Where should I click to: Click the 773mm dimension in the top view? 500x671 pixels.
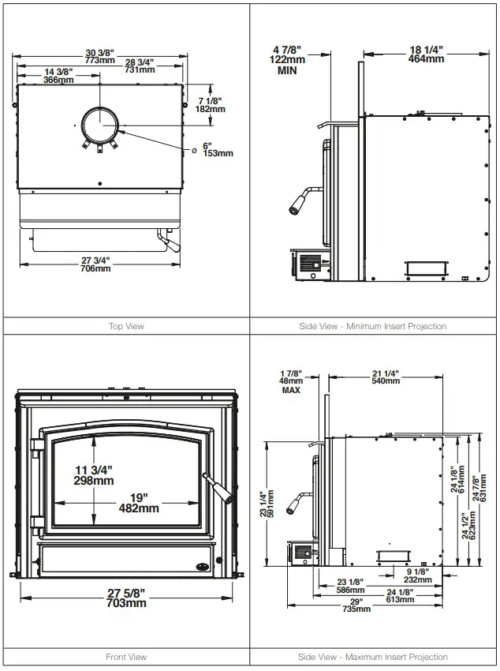coord(100,60)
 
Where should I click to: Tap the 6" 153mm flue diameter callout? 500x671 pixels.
coord(218,150)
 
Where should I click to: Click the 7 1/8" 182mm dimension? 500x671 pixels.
coord(211,105)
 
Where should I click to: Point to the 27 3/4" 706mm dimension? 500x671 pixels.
coord(95,264)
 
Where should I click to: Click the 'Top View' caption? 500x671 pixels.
coord(126,326)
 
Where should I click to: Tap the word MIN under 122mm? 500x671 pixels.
coord(287,70)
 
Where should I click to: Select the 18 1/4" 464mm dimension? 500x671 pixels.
coord(426,54)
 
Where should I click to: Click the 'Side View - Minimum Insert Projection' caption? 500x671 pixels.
coord(373,326)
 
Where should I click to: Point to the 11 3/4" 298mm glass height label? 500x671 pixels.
coord(94,475)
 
